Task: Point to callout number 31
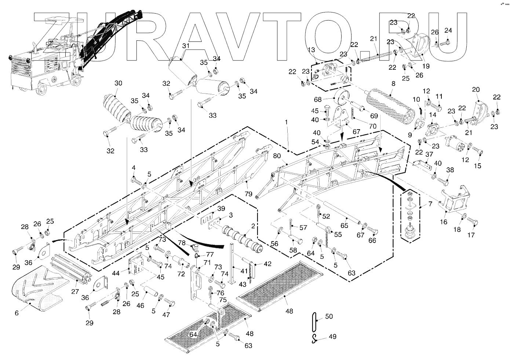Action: tap(186, 46)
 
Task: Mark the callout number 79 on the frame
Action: tap(248, 194)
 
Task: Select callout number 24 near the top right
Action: tap(448, 30)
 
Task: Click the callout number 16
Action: tap(443, 222)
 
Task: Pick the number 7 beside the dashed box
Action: tap(430, 203)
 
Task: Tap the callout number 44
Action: tap(116, 273)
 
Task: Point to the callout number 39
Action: tap(221, 208)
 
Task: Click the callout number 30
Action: tap(118, 83)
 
